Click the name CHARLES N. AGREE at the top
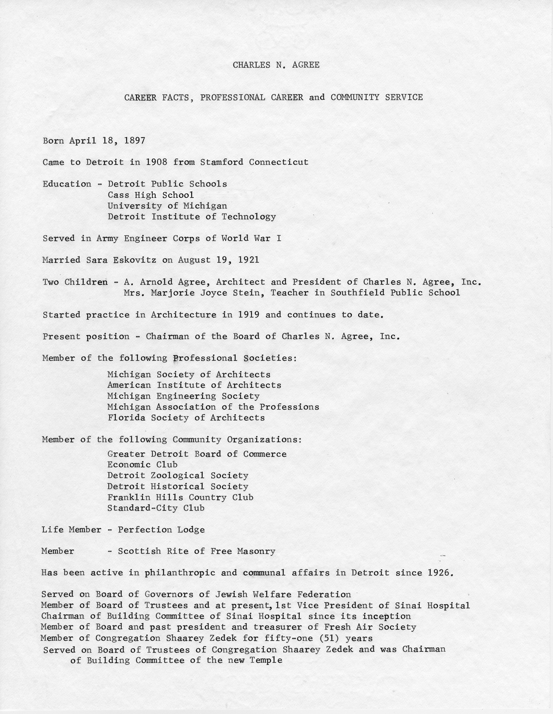tap(276, 65)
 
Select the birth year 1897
tap(134, 141)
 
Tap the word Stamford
tap(222, 162)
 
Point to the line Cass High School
tap(151, 195)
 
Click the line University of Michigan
tap(167, 206)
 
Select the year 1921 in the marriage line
tap(248, 260)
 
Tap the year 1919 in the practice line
tap(249, 314)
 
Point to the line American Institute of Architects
tap(194, 385)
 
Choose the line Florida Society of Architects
tap(186, 418)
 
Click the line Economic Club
tap(142, 465)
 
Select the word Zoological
tap(177, 476)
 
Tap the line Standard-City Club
tap(156, 508)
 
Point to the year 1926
tap(440, 573)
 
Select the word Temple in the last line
tap(266, 661)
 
